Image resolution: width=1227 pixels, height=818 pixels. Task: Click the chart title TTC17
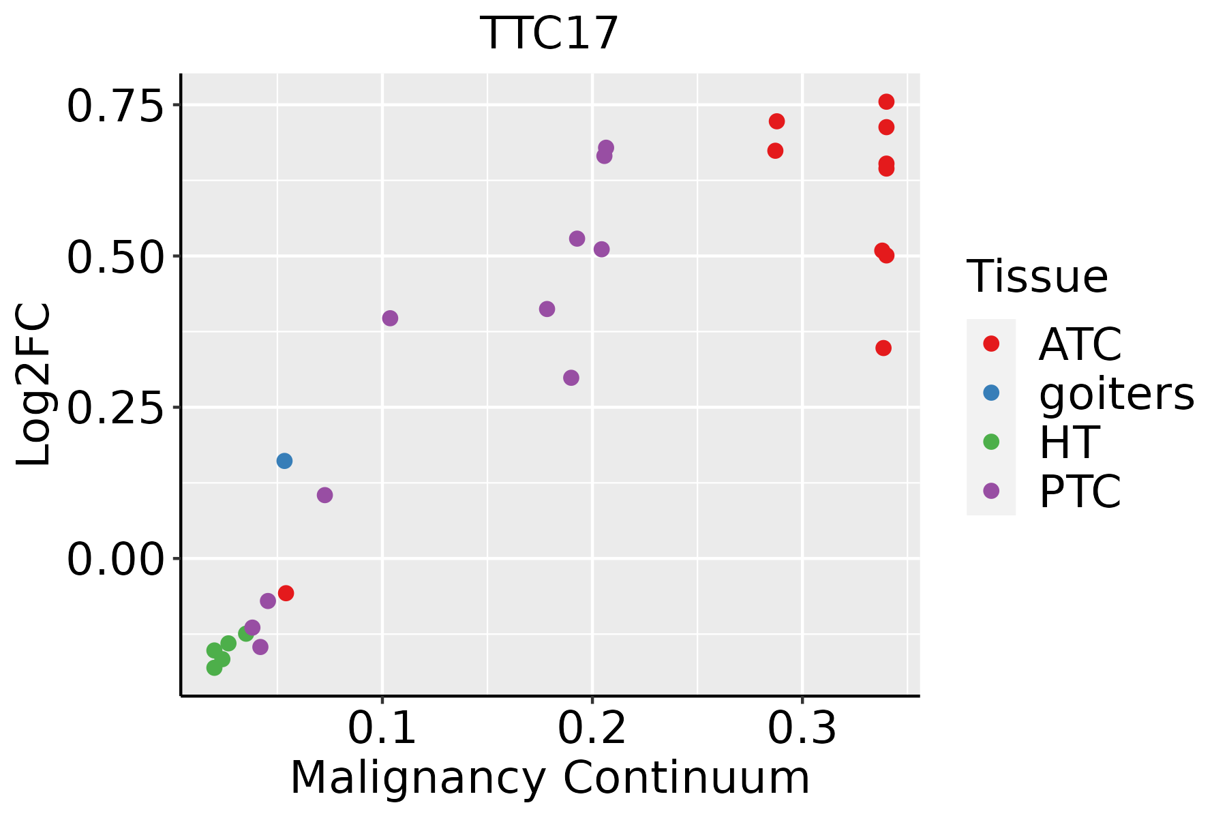(x=549, y=33)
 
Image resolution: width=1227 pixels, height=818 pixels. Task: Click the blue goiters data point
(x=284, y=461)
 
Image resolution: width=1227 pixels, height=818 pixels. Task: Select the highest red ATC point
(x=886, y=102)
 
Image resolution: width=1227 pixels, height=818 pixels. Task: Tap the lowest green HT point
(x=215, y=667)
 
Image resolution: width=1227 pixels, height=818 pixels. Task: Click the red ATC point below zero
(x=286, y=593)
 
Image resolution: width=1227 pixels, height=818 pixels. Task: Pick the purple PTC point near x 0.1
(x=390, y=318)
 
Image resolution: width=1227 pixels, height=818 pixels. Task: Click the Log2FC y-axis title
(x=34, y=384)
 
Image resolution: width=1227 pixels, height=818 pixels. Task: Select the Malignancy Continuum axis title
(x=550, y=778)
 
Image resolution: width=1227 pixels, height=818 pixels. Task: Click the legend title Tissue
(x=1037, y=277)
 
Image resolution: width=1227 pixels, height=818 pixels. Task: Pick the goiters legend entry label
(x=1117, y=393)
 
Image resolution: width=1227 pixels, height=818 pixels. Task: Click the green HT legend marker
(x=991, y=442)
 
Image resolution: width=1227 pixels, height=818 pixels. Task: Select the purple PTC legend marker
(x=991, y=491)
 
